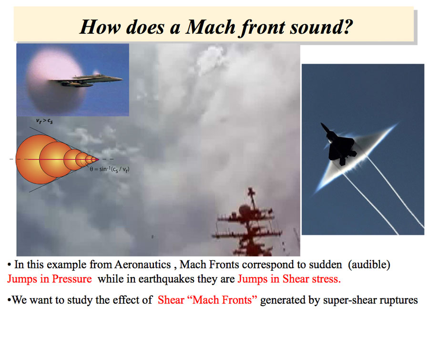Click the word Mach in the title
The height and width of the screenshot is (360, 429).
tap(210, 27)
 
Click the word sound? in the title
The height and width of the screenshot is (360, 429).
tap(321, 27)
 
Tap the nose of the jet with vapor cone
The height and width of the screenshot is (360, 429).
tap(122, 79)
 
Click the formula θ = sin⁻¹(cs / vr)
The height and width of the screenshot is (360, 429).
tap(110, 169)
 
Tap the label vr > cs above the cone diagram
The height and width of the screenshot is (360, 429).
tap(44, 121)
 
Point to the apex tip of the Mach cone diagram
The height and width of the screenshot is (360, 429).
tap(98, 159)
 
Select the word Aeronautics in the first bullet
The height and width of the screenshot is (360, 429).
tap(143, 265)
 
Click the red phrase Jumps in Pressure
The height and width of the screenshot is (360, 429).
tap(50, 279)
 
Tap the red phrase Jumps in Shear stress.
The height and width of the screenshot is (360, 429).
tap(289, 279)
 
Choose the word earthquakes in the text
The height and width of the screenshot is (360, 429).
tap(166, 279)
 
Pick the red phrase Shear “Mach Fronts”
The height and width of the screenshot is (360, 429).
tap(207, 300)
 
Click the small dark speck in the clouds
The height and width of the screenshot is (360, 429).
tap(153, 237)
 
